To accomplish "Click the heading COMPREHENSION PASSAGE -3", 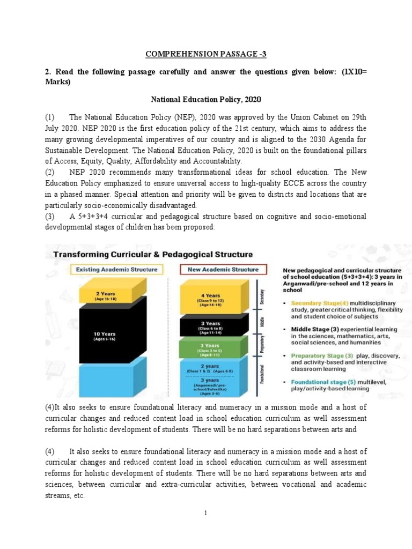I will pyautogui.click(x=206, y=54).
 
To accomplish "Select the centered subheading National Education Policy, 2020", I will pyautogui.click(x=206, y=99).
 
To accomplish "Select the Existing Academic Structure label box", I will pyautogui.click(x=117, y=269).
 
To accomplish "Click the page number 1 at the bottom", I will pyautogui.click(x=205, y=513).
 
